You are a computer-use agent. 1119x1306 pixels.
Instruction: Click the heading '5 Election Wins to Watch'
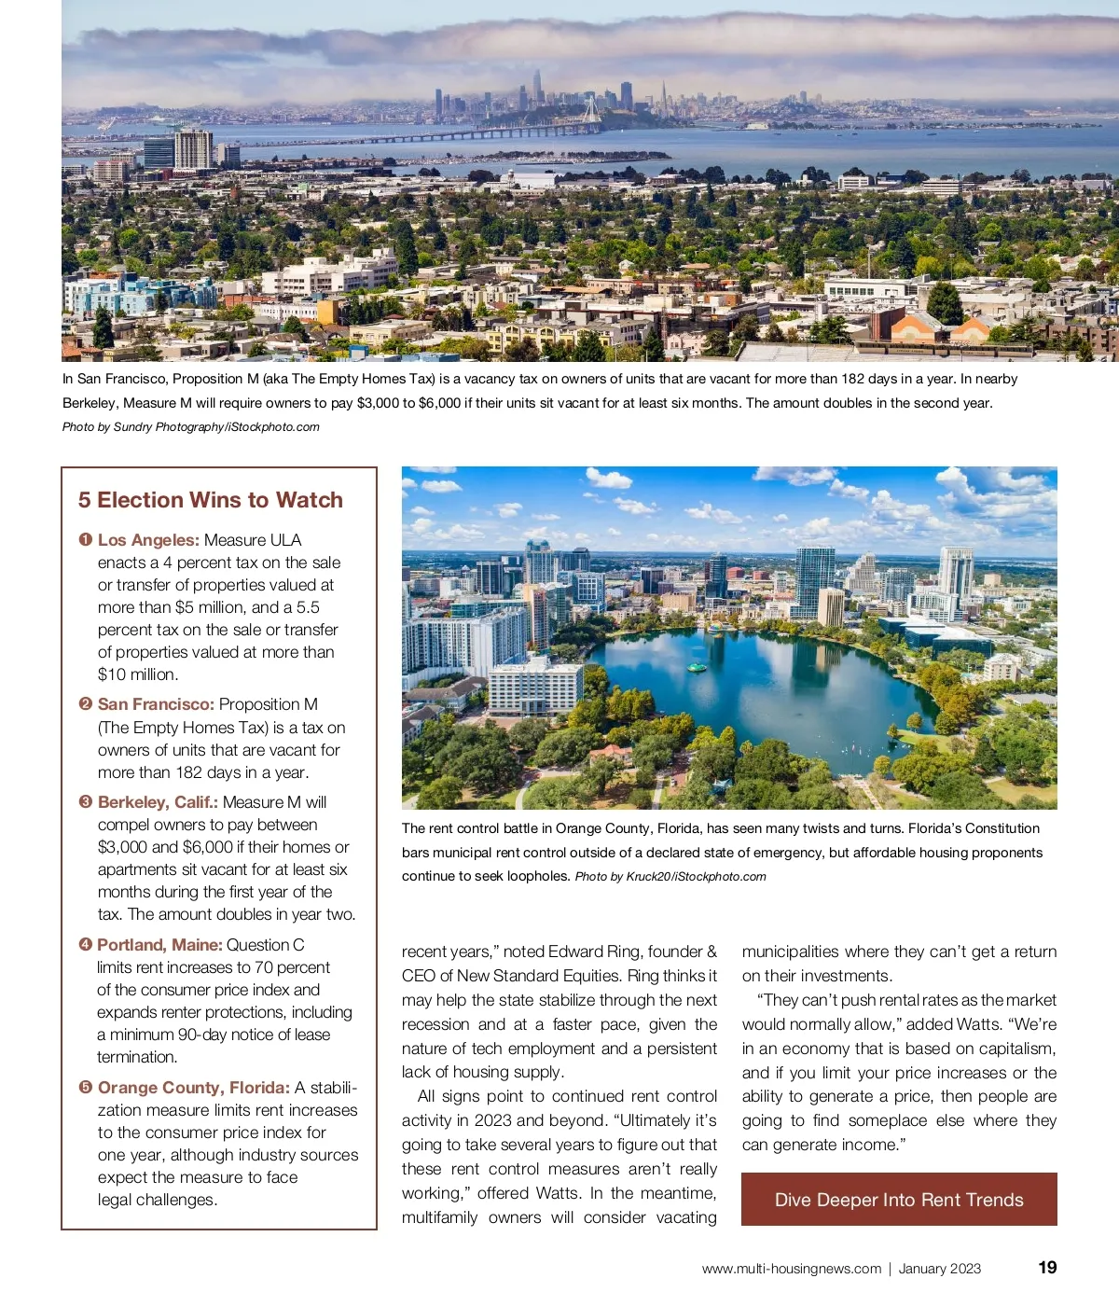click(x=211, y=500)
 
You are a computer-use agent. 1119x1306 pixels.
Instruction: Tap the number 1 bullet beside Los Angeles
click(x=86, y=540)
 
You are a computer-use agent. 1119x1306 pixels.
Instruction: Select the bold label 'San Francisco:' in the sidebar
click(x=156, y=704)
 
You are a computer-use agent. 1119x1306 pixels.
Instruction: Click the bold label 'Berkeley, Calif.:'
click(x=158, y=802)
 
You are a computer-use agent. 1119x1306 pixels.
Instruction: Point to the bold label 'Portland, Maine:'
click(x=159, y=945)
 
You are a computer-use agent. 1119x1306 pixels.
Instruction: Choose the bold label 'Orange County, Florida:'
click(x=194, y=1088)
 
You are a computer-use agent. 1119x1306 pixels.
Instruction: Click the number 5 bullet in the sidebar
click(x=86, y=1088)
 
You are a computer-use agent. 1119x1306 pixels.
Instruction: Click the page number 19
click(x=1047, y=1268)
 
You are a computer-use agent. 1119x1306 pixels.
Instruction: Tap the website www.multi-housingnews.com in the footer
click(x=791, y=1269)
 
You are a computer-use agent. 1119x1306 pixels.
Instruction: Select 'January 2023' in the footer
click(x=940, y=1269)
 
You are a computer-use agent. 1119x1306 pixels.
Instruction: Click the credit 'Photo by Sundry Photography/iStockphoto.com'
click(x=191, y=427)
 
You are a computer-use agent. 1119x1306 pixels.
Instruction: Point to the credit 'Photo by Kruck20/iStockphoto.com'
click(x=670, y=877)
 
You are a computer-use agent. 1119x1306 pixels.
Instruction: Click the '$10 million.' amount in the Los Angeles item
click(x=138, y=674)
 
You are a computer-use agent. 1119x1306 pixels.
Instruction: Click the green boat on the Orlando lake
click(x=696, y=668)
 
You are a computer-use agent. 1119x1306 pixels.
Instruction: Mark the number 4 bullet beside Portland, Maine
click(x=86, y=945)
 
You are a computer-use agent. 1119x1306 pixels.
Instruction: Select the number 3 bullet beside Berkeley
click(x=86, y=802)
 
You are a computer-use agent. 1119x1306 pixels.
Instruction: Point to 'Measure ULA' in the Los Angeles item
click(x=253, y=540)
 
